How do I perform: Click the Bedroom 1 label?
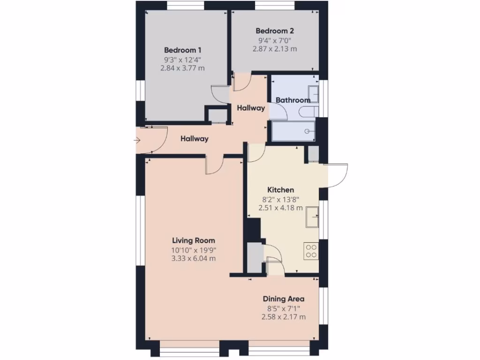[183, 50]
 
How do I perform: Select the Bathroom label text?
[292, 100]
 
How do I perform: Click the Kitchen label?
[280, 190]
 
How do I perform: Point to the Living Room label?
[193, 240]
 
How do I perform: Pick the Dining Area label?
[284, 299]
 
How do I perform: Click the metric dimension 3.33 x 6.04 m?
[193, 258]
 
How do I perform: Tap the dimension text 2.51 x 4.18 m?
[280, 208]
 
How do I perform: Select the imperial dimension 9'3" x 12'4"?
[183, 60]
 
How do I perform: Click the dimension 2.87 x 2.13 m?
[275, 49]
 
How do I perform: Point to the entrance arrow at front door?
[137, 140]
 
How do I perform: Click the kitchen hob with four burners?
[311, 251]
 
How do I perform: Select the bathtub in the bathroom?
[293, 131]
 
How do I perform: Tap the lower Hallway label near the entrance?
[195, 139]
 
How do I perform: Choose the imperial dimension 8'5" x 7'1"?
[284, 308]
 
